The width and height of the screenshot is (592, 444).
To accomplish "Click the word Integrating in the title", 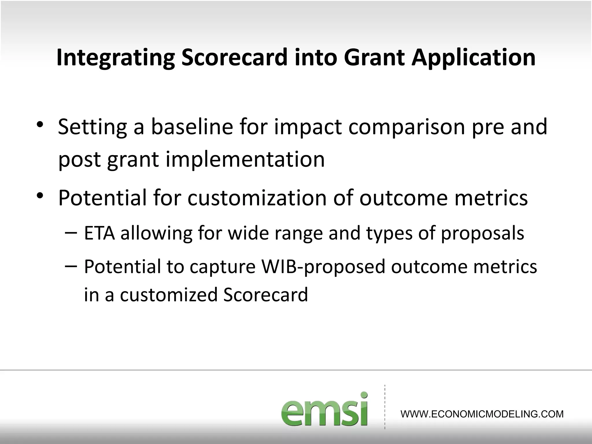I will [116, 58].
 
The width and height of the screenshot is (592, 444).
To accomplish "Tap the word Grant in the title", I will [375, 57].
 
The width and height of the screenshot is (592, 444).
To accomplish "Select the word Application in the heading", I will [473, 58].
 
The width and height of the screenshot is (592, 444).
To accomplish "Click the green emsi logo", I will [324, 410].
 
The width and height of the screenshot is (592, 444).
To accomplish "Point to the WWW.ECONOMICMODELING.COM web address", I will [482, 414].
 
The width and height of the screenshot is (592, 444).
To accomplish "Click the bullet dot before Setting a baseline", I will [40, 125].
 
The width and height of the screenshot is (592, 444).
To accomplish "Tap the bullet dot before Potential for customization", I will [40, 196].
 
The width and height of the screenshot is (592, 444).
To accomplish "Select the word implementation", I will [245, 160].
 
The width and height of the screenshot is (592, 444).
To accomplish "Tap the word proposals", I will [482, 234].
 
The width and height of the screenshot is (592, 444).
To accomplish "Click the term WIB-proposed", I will [323, 267].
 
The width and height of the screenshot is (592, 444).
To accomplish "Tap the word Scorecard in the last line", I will [265, 295].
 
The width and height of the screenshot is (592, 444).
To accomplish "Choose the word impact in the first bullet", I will [308, 127].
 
